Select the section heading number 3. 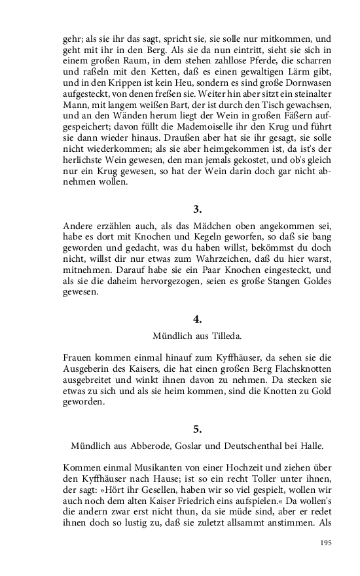tap(198, 209)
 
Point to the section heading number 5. tap(198, 429)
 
